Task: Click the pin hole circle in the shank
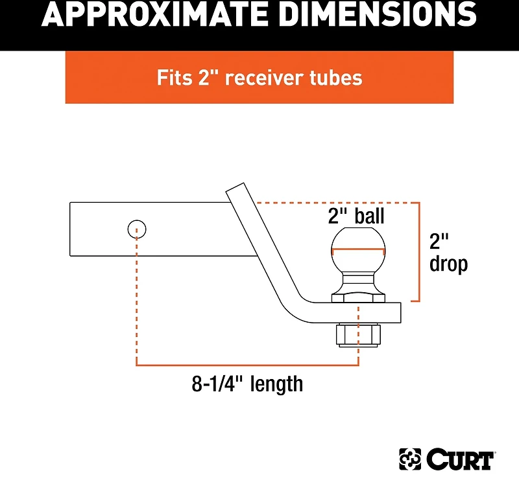click(136, 229)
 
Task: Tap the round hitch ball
click(358, 250)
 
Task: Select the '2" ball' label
click(356, 215)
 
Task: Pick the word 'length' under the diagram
click(277, 384)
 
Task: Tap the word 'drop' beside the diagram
click(448, 264)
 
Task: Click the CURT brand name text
click(461, 459)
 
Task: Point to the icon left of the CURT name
click(410, 459)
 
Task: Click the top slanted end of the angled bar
click(236, 187)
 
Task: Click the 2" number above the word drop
click(439, 241)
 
